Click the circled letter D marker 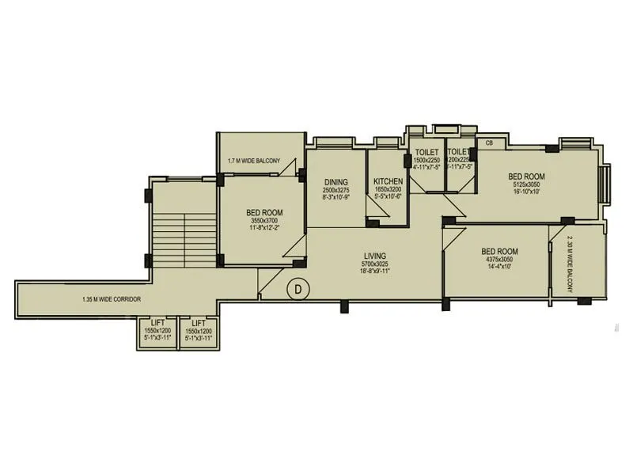298,290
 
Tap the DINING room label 335,181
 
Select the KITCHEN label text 388,181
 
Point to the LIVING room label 374,256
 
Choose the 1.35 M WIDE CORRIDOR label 112,299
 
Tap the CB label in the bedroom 490,143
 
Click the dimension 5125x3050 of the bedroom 526,184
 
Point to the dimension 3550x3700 264,221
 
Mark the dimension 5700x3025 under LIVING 374,264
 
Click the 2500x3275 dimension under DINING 335,191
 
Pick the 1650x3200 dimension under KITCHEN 388,191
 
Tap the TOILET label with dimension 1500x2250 426,151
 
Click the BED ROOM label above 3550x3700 264,212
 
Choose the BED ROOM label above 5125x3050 526,176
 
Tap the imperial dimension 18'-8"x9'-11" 374,272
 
